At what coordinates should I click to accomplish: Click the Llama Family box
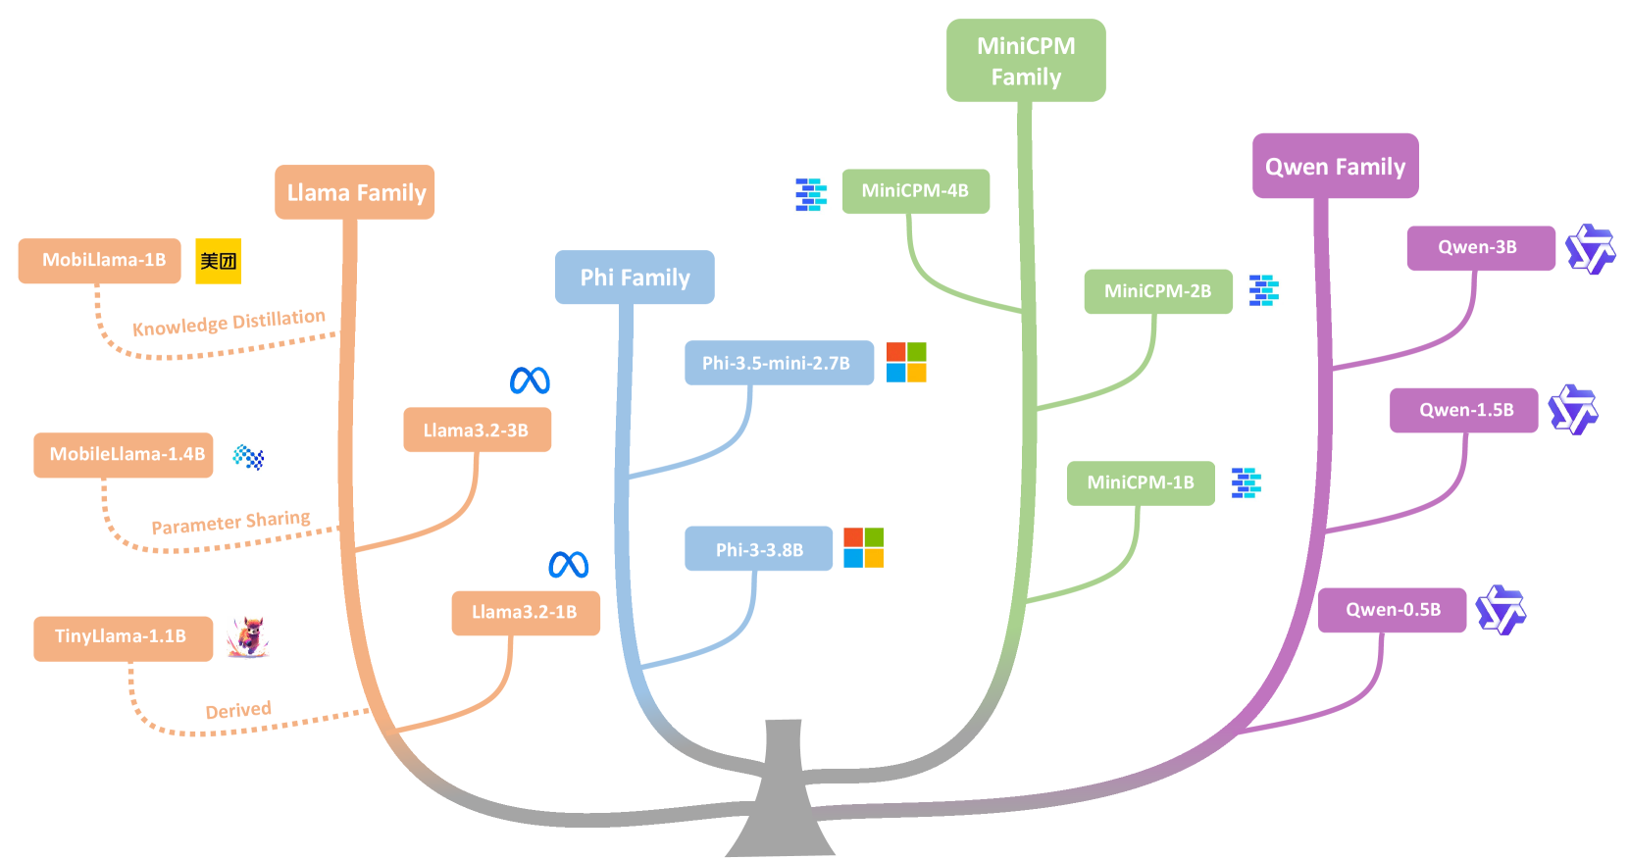354,192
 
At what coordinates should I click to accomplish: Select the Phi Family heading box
635,278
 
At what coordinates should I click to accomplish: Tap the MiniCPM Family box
1026,61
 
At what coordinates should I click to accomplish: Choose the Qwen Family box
1335,167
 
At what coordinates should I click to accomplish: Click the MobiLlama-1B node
100,261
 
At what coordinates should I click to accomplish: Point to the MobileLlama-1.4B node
124,455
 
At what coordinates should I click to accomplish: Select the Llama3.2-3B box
477,430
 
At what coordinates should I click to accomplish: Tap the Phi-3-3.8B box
759,549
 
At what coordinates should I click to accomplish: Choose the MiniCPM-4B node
915,191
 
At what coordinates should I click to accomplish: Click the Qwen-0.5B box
1392,610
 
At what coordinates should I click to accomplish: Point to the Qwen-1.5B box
1463,410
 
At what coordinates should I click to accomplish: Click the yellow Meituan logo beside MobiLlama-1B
218,261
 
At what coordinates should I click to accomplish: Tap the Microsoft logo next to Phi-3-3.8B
864,547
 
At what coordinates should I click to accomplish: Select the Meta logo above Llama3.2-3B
530,380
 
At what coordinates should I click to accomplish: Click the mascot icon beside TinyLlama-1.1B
248,637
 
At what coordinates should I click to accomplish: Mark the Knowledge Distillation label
229,323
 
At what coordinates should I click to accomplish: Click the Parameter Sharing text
230,523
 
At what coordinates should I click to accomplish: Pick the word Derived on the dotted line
238,710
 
